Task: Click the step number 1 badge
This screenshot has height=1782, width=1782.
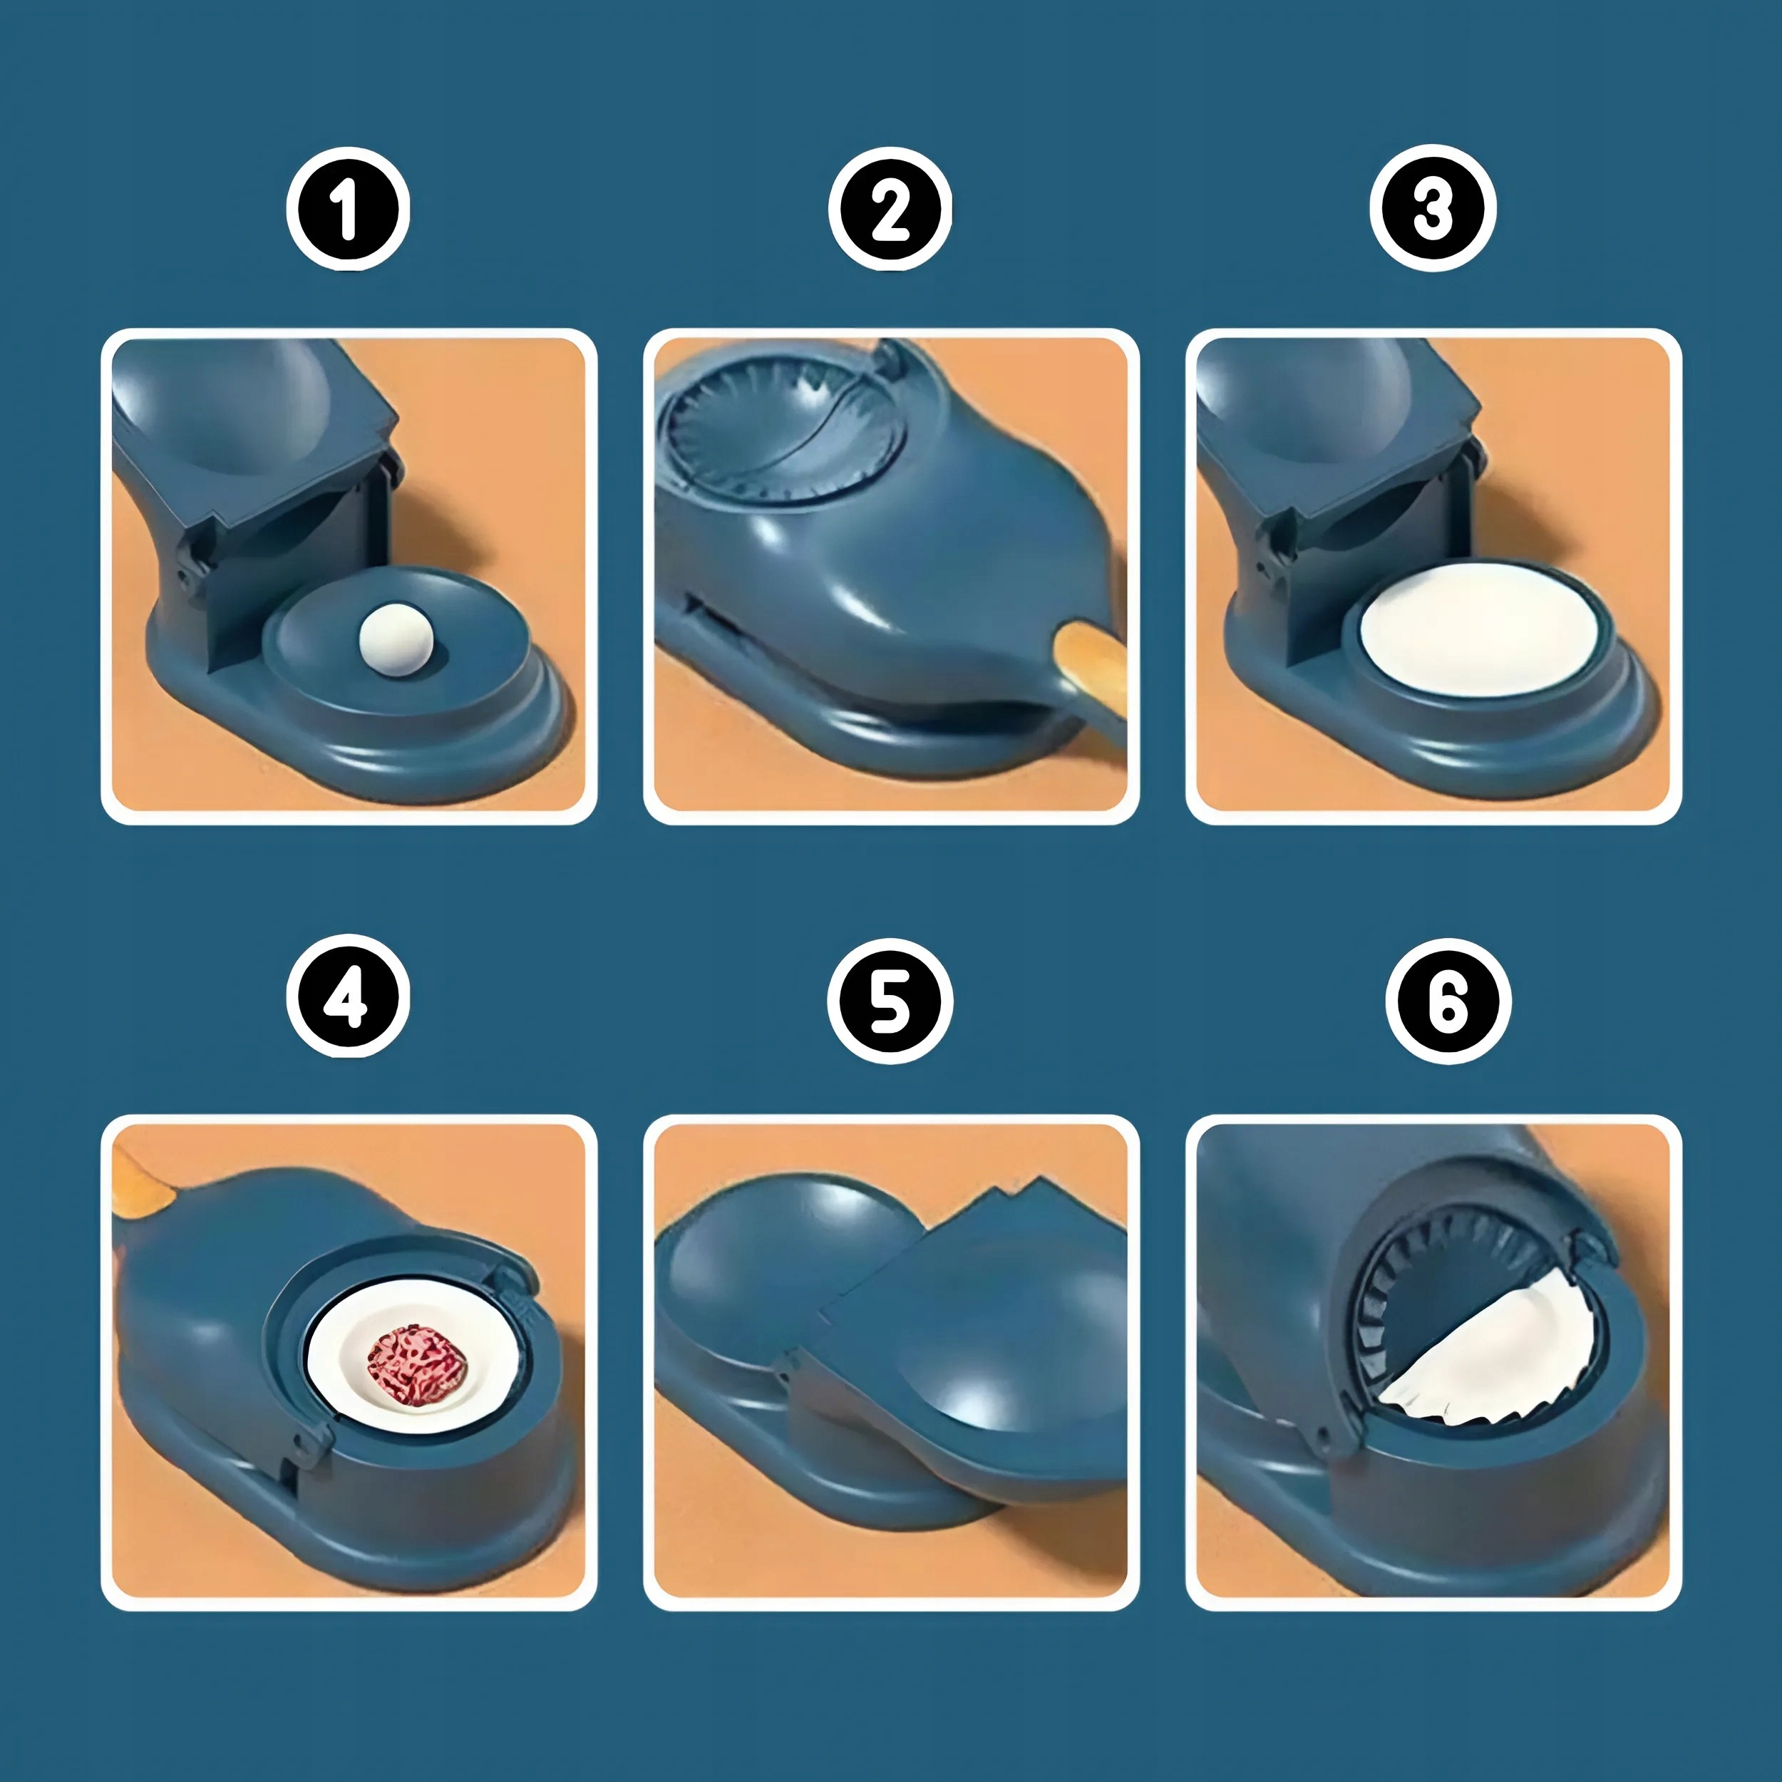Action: coord(348,210)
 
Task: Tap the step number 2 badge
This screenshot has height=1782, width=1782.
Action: coord(890,210)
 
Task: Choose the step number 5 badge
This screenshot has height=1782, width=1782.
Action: coord(890,1001)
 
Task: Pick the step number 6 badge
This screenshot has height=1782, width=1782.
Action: coord(1448,1001)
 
